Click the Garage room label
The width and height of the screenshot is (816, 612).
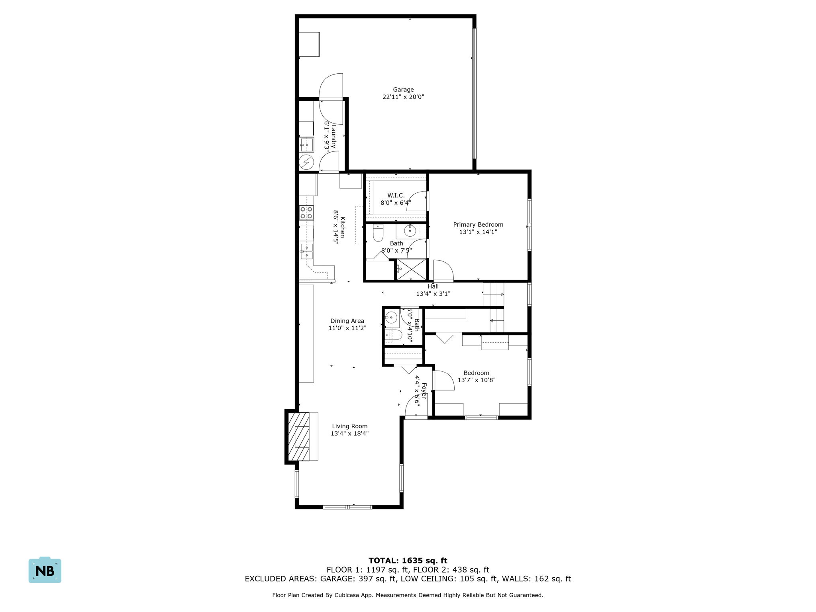click(403, 90)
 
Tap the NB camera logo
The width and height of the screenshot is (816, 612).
click(45, 571)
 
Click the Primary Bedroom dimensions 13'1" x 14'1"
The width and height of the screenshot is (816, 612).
click(478, 232)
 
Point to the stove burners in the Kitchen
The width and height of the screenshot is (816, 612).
click(306, 212)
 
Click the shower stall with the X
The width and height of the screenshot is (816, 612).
click(412, 269)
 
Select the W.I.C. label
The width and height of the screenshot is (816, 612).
click(396, 195)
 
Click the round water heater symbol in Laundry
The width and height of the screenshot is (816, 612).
click(306, 163)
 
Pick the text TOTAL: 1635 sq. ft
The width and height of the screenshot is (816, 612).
click(408, 561)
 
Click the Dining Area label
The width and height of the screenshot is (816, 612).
click(347, 321)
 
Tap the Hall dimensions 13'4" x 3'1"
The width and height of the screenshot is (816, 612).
click(433, 294)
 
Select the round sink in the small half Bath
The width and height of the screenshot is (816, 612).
click(391, 318)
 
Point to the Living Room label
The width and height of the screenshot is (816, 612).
click(349, 426)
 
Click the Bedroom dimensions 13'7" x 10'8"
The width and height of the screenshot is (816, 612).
click(476, 380)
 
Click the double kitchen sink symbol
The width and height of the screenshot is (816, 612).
click(306, 251)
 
